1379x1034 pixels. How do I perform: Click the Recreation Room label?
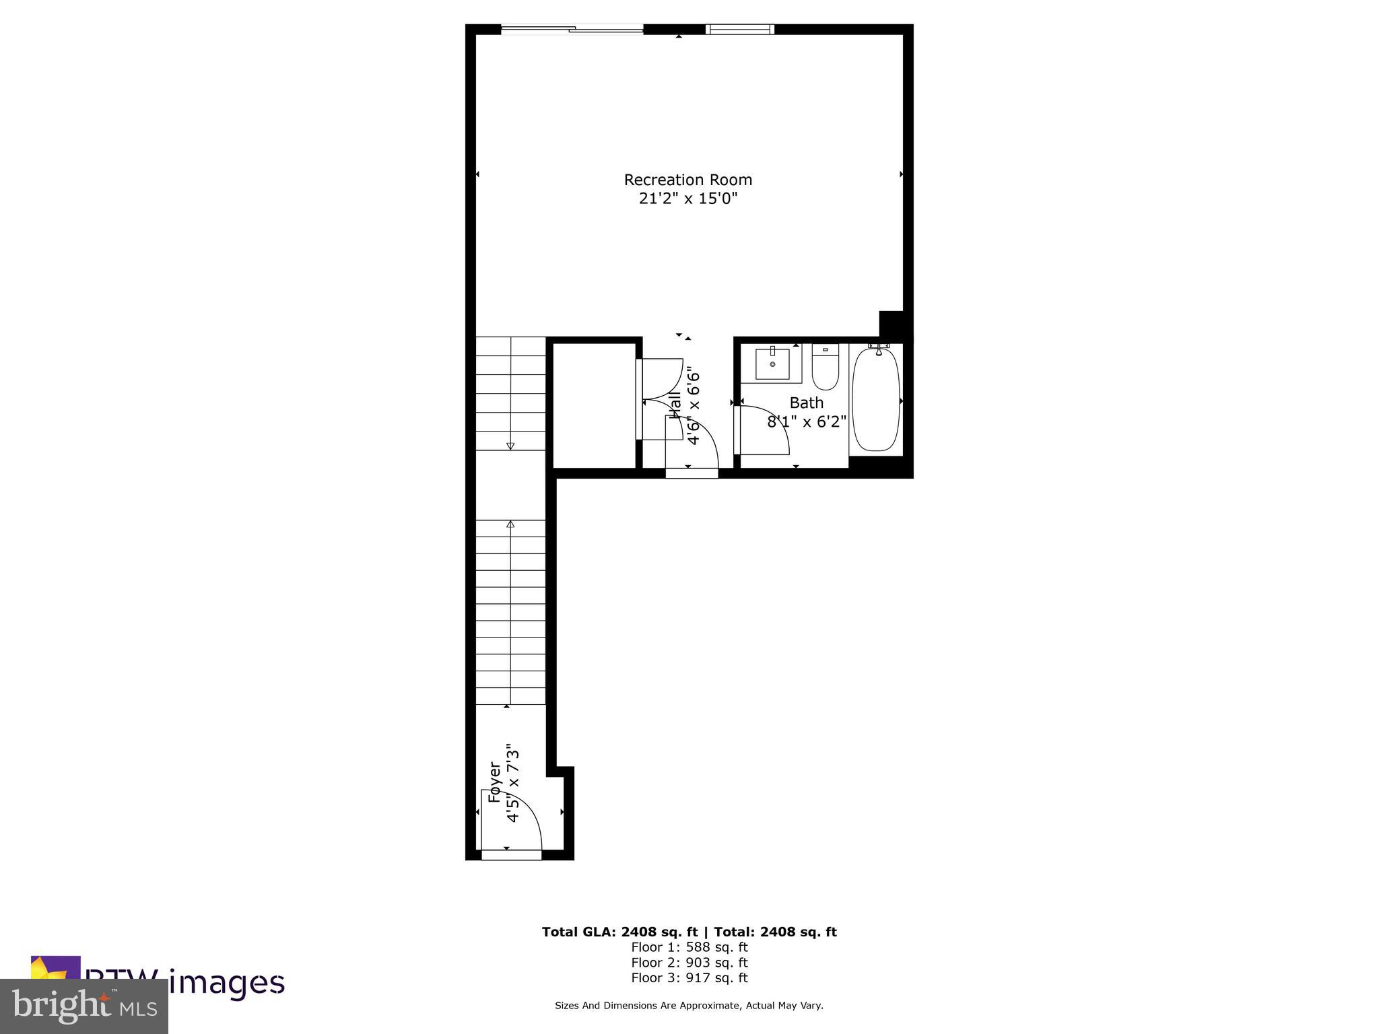[x=687, y=180]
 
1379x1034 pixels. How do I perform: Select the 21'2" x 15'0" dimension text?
[x=687, y=199]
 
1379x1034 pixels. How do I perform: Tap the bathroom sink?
[x=772, y=364]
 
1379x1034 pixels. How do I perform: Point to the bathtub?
[x=875, y=399]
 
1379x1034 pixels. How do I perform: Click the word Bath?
[x=806, y=403]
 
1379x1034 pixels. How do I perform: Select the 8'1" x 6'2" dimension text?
[x=807, y=422]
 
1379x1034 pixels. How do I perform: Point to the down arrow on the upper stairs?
[x=510, y=445]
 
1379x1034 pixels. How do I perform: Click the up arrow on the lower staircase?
[x=510, y=524]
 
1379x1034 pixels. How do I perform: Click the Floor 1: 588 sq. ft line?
[x=689, y=947]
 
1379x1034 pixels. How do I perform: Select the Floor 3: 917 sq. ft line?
[x=689, y=978]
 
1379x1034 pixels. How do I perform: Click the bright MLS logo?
[x=84, y=1006]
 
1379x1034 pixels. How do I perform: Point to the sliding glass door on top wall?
[x=572, y=29]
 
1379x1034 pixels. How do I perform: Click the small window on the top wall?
[x=739, y=29]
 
